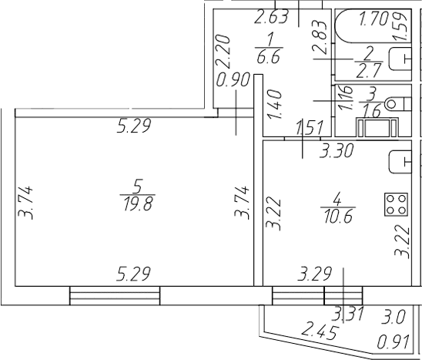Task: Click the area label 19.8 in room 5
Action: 138,204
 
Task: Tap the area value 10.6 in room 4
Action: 338,217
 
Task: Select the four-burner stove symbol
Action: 396,204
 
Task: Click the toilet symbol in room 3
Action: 398,104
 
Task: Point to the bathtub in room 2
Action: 373,26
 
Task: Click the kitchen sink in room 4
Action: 400,162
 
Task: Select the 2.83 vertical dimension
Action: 319,36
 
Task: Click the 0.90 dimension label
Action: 233,80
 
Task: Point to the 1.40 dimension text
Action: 275,104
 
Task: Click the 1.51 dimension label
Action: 310,128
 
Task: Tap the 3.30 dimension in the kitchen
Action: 337,151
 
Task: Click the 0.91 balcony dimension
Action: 394,342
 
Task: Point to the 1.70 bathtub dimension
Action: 374,19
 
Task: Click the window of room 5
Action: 115,295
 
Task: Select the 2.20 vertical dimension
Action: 224,50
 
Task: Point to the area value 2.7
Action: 369,71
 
